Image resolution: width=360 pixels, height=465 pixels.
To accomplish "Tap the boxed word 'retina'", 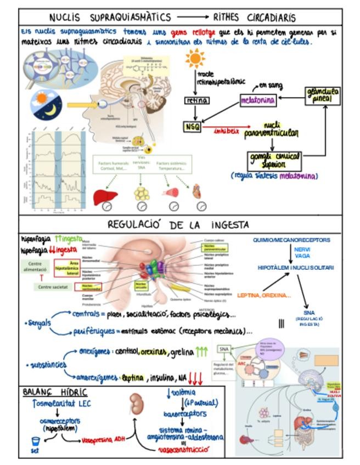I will pyautogui.click(x=195, y=100).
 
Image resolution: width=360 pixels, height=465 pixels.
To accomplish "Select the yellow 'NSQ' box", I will pyautogui.click(x=193, y=127).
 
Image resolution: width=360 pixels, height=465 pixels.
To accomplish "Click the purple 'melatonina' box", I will pyautogui.click(x=258, y=101).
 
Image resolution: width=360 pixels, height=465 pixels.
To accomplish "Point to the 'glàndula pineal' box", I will pyautogui.click(x=323, y=95).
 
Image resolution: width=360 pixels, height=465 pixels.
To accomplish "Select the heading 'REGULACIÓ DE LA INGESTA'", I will pyautogui.click(x=178, y=225).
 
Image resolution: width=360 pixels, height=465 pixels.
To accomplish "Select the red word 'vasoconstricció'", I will pyautogui.click(x=183, y=450).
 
